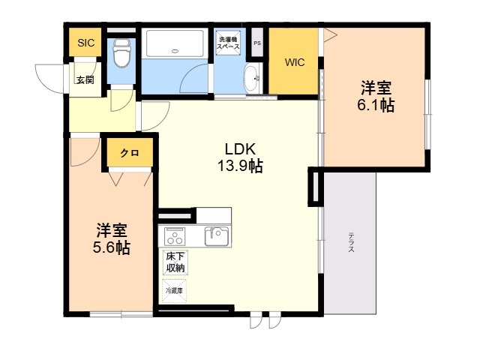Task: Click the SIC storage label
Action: click(x=85, y=43)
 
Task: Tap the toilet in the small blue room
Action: click(x=121, y=53)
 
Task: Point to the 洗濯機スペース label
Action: click(x=228, y=43)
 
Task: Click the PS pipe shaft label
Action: click(x=257, y=43)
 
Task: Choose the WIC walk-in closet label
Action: click(x=293, y=63)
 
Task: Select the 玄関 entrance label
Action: click(x=84, y=79)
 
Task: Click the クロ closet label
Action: click(x=130, y=153)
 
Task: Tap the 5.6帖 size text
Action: click(x=112, y=247)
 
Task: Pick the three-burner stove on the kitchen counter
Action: click(x=175, y=237)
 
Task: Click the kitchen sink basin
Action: click(x=217, y=237)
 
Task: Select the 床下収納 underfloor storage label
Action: click(x=175, y=262)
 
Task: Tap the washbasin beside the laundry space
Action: click(x=251, y=76)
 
